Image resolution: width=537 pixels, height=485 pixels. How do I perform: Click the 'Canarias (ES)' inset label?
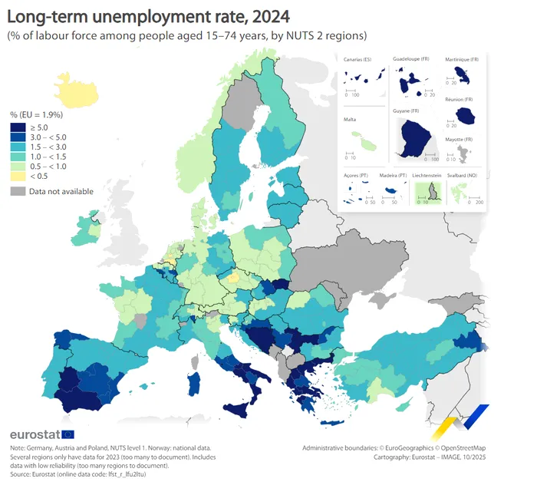click(357, 60)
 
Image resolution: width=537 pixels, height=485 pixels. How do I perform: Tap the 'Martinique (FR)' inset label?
click(463, 59)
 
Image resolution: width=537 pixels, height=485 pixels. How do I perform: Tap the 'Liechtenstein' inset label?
click(427, 176)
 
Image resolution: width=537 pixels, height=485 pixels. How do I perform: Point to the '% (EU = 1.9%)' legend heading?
click(36, 114)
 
